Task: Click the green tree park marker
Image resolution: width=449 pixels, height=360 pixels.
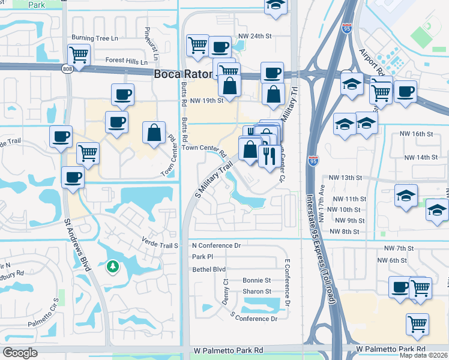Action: (112, 266)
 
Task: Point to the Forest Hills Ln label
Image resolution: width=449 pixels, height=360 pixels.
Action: (126, 61)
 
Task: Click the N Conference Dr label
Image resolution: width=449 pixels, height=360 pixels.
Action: (216, 245)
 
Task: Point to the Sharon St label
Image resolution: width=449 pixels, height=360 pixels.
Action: (256, 292)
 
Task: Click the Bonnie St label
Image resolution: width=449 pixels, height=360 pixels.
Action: (257, 280)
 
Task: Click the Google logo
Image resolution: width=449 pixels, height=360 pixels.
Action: (20, 353)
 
